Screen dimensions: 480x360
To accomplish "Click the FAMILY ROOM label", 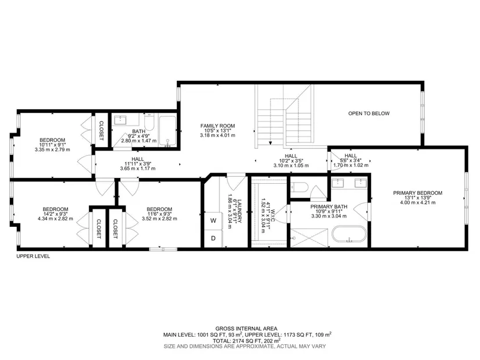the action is [218, 126].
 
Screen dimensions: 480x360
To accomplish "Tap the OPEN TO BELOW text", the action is [369, 113].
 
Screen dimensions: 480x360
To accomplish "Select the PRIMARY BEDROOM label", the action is [418, 193].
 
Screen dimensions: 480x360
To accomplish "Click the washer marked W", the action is [214, 220].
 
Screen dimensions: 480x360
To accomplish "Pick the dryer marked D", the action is [214, 238].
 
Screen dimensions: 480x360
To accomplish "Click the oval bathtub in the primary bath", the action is [349, 235].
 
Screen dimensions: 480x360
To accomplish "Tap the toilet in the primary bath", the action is [298, 187].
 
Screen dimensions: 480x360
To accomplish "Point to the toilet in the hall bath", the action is [150, 123].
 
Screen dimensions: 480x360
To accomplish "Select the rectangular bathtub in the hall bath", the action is [167, 131].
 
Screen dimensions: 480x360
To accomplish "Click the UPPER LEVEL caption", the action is [33, 256].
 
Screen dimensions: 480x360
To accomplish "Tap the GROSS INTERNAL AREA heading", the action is [247, 329].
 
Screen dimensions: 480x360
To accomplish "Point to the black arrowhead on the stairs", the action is [271, 142].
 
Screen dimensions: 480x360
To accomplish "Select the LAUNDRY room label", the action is [240, 211].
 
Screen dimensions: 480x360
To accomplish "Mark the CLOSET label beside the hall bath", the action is [101, 131].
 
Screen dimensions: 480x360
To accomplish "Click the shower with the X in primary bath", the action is [309, 238].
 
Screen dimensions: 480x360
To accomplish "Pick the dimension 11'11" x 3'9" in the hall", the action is [138, 164].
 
